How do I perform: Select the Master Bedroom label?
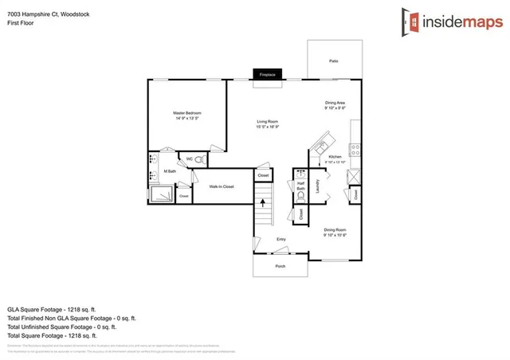coord(187,113)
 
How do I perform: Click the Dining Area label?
coord(335,103)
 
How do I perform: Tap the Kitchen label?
coord(335,157)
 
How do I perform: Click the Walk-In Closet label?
coord(221,186)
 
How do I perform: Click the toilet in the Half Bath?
coord(301,194)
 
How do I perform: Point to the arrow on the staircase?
coord(263,203)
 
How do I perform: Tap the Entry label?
coord(280,239)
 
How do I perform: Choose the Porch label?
coord(280,266)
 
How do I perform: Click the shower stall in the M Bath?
coord(161,193)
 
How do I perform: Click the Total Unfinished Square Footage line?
coord(61,327)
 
